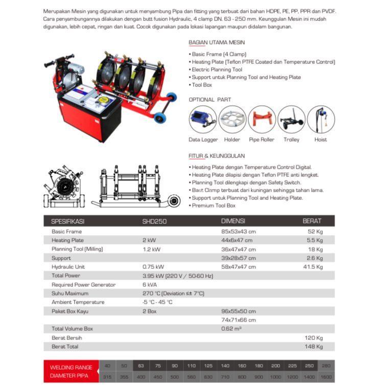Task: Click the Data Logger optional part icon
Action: pyautogui.click(x=203, y=119)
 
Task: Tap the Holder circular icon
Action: pyautogui.click(x=232, y=119)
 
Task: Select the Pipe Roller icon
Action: pyautogui.click(x=262, y=119)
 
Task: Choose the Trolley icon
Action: pyautogui.click(x=292, y=119)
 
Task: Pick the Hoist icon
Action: pyautogui.click(x=321, y=119)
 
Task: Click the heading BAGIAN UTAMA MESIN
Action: pyautogui.click(x=217, y=43)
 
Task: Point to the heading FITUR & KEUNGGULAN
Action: pyautogui.click(x=217, y=156)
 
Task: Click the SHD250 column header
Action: pyautogui.click(x=155, y=221)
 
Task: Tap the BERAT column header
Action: pyautogui.click(x=312, y=221)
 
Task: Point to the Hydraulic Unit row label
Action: pyautogui.click(x=72, y=267)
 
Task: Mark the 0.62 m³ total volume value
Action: pyautogui.click(x=231, y=329)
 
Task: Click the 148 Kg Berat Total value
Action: pyautogui.click(x=314, y=347)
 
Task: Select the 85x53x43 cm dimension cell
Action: pyautogui.click(x=238, y=232)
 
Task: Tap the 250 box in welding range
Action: pyautogui.click(x=309, y=366)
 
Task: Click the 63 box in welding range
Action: pyautogui.click(x=141, y=366)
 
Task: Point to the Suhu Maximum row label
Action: pyautogui.click(x=70, y=293)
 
